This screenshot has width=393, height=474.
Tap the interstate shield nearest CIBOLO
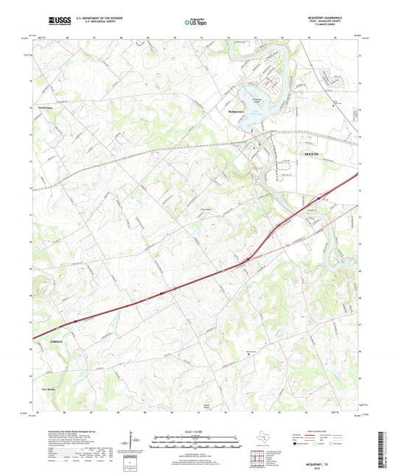[75, 321]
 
